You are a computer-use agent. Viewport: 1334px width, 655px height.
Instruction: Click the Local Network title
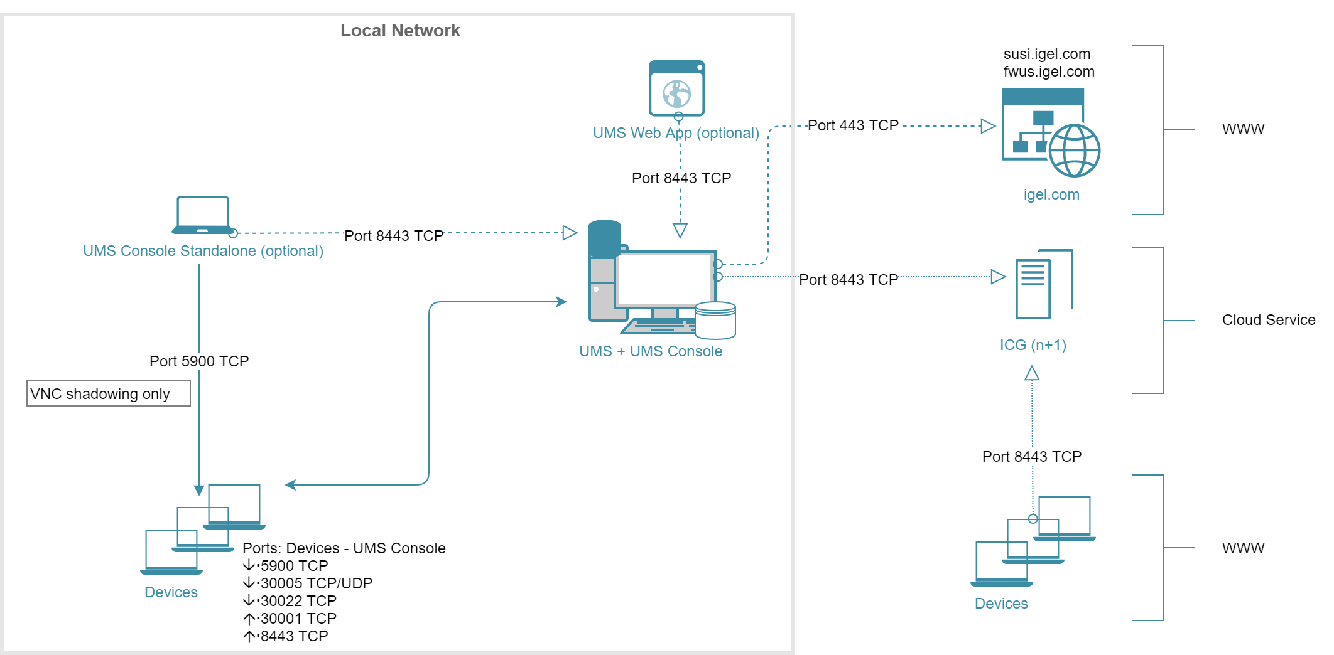400,31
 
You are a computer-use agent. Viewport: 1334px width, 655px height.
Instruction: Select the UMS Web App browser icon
676,88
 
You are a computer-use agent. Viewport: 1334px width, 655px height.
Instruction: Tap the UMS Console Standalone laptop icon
202,215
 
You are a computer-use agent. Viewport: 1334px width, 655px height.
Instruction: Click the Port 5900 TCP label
199,361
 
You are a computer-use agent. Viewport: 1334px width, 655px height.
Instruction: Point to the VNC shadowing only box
108,393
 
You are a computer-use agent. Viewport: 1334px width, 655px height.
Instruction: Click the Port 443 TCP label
853,125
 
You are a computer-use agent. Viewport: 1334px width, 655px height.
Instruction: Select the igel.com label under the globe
1051,194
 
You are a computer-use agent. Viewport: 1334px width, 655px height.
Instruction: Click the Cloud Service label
1268,320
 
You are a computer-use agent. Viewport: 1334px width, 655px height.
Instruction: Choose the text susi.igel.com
1047,54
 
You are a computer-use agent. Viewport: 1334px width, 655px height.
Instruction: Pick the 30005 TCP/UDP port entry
316,583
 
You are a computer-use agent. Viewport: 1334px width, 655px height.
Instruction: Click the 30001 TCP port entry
298,619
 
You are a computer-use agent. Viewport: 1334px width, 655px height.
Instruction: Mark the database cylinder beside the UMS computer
715,320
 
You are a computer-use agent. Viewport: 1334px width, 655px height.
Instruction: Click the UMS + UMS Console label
651,351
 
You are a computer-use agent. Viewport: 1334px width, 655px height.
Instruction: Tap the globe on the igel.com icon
1075,151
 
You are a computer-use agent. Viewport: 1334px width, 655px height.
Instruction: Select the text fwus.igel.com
1049,72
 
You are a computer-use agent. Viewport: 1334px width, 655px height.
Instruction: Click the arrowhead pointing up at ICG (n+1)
1032,374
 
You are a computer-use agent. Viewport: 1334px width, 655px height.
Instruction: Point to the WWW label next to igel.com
1243,129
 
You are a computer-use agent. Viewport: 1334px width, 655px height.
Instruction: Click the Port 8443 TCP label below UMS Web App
681,178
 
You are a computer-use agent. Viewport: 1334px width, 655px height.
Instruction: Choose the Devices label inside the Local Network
171,592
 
